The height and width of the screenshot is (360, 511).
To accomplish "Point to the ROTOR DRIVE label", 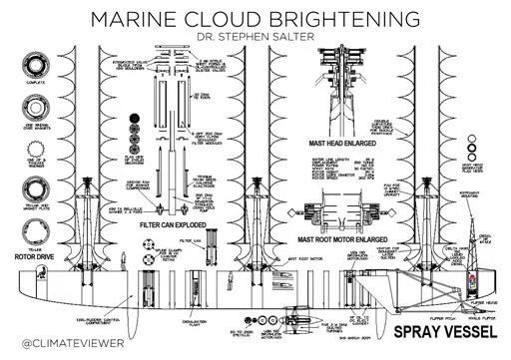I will coord(38,238).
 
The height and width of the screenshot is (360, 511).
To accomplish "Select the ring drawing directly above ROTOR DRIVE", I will coord(38,215).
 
